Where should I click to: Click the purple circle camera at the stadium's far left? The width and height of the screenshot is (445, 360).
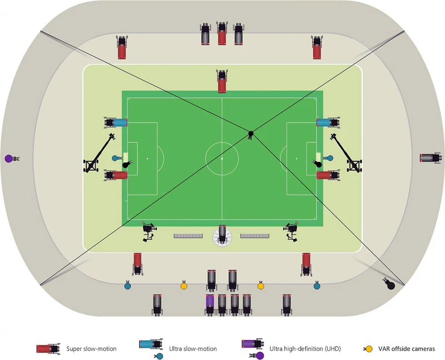click(x=8, y=159)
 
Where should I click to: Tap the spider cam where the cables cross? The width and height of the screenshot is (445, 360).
click(x=251, y=133)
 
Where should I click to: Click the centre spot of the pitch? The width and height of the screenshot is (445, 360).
click(x=222, y=159)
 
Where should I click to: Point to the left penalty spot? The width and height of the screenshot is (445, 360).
click(x=147, y=159)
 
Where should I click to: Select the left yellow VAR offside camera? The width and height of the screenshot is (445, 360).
click(x=184, y=286)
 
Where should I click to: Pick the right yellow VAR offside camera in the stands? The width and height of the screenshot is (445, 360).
click(x=260, y=286)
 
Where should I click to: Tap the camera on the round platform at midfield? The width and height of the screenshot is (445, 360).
click(x=222, y=236)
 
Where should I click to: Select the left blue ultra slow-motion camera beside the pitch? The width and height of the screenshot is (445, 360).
click(x=116, y=122)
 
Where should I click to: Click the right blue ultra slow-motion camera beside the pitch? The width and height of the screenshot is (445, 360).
click(x=328, y=122)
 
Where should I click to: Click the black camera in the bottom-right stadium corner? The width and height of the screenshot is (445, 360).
click(x=390, y=284)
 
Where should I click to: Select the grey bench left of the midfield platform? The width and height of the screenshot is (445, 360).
click(x=189, y=236)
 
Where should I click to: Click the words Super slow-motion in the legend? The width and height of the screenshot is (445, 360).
click(x=91, y=349)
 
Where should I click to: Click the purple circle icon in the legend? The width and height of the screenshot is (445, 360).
click(x=260, y=356)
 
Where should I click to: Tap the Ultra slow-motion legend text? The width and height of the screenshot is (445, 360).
click(x=192, y=349)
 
